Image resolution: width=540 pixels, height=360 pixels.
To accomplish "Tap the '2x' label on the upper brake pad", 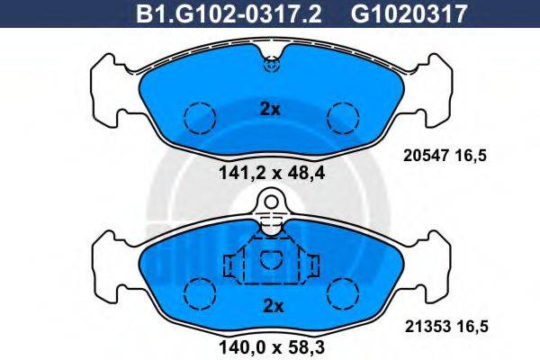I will [x=270, y=110].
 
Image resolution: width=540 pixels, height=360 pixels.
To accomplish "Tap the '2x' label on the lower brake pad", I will [x=270, y=305].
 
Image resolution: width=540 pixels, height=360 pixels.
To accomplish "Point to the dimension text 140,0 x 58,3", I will [x=270, y=344].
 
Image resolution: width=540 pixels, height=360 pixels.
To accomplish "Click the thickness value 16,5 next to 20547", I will [x=473, y=157].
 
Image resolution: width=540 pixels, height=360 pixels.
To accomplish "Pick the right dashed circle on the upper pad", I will [x=342, y=116].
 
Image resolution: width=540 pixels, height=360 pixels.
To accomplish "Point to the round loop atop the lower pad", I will [x=270, y=206].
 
